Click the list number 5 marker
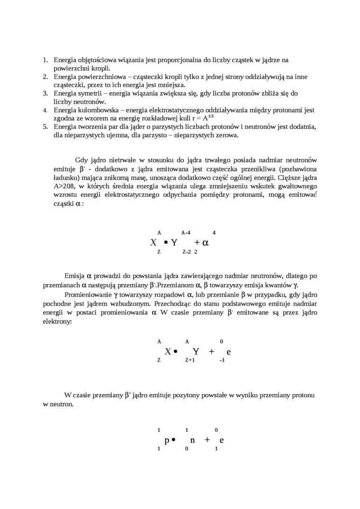tap(45, 127)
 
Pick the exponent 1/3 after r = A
tap(211, 116)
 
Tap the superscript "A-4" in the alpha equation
tap(186, 232)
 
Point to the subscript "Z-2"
tap(187, 252)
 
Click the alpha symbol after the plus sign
tap(205, 243)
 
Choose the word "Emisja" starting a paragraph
tap(74, 276)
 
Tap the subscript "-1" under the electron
tap(222, 360)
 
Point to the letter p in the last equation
tap(167, 440)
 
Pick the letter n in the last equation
tap(192, 440)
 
